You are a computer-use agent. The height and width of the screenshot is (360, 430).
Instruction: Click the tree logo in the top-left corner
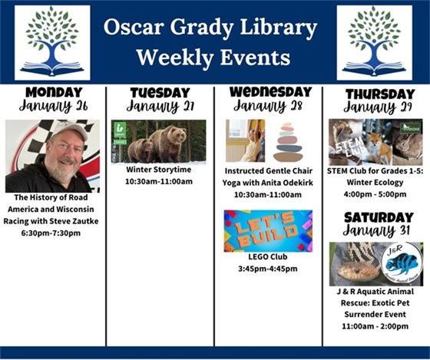(52, 43)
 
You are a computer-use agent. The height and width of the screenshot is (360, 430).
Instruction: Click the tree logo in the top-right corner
(374, 43)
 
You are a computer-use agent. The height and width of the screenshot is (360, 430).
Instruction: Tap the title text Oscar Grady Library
(211, 29)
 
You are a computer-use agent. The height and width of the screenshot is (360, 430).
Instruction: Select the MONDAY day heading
(53, 92)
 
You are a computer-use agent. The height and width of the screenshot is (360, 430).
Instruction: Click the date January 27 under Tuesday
(160, 107)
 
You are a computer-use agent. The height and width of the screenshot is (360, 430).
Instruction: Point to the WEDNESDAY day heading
(269, 92)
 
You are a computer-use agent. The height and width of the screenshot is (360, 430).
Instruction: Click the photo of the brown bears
(160, 141)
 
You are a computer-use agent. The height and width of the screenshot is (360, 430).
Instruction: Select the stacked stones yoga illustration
(289, 141)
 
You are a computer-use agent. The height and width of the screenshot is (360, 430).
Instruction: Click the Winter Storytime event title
(160, 170)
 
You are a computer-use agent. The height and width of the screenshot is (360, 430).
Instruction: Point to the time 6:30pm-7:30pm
(53, 233)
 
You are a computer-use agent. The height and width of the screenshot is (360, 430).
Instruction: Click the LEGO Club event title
(268, 257)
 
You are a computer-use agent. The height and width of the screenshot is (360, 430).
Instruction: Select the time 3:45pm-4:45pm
(268, 269)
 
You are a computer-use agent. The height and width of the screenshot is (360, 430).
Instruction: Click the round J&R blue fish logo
(402, 264)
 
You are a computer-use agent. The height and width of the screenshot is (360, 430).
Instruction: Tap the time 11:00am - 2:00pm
(375, 326)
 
